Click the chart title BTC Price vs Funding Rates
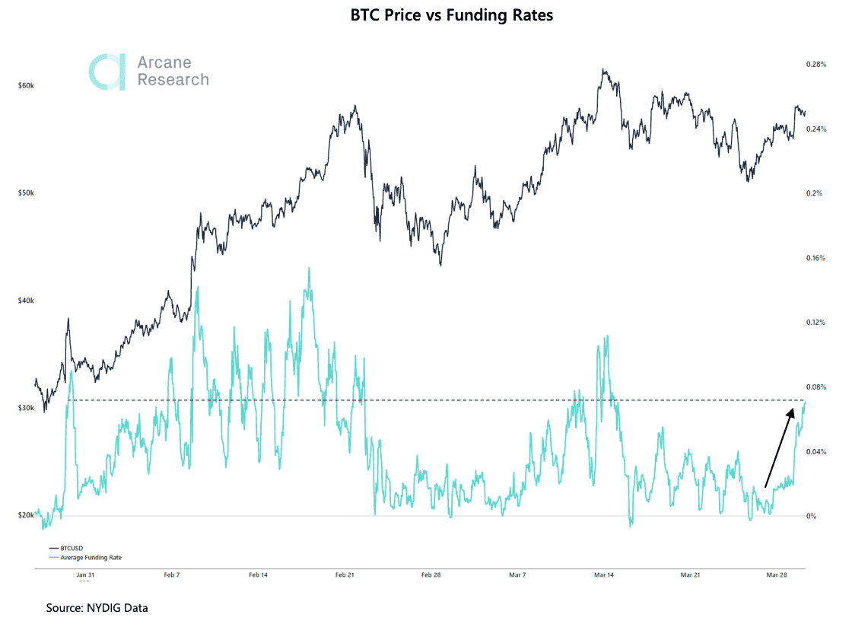pos(452,15)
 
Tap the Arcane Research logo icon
pos(107,72)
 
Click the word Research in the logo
pos(173,80)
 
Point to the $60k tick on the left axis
pos(25,86)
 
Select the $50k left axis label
pos(25,193)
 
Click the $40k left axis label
pos(25,301)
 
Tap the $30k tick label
pos(25,408)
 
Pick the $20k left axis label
pos(25,515)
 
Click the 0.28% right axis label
pos(815,65)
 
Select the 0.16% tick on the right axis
pos(815,258)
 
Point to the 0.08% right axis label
pos(815,387)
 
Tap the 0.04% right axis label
pos(815,452)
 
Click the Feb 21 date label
pos(345,575)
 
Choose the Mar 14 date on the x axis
pos(604,575)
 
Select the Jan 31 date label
pos(85,575)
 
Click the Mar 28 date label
pos(777,575)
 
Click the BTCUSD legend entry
pos(72,548)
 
